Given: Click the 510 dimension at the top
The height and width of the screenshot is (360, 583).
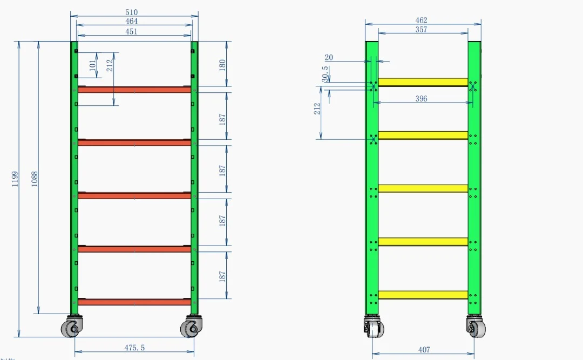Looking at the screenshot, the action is click(x=131, y=12).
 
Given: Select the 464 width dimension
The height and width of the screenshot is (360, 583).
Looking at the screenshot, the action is click(x=131, y=21).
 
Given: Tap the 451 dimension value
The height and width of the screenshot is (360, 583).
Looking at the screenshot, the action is click(x=131, y=32).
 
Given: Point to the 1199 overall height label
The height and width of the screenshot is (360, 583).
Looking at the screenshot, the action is click(x=15, y=179).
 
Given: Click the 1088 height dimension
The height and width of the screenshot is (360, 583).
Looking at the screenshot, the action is click(x=34, y=179).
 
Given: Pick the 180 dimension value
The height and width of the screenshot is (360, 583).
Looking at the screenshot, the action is click(x=222, y=65).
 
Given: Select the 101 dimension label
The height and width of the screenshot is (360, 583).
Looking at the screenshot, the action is click(x=93, y=65).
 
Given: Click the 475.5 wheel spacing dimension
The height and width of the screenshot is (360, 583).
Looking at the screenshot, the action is click(x=134, y=348).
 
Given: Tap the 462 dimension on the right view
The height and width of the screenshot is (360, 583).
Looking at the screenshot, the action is click(x=421, y=20).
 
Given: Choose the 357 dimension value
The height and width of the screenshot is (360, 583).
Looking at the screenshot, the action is click(x=421, y=29).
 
